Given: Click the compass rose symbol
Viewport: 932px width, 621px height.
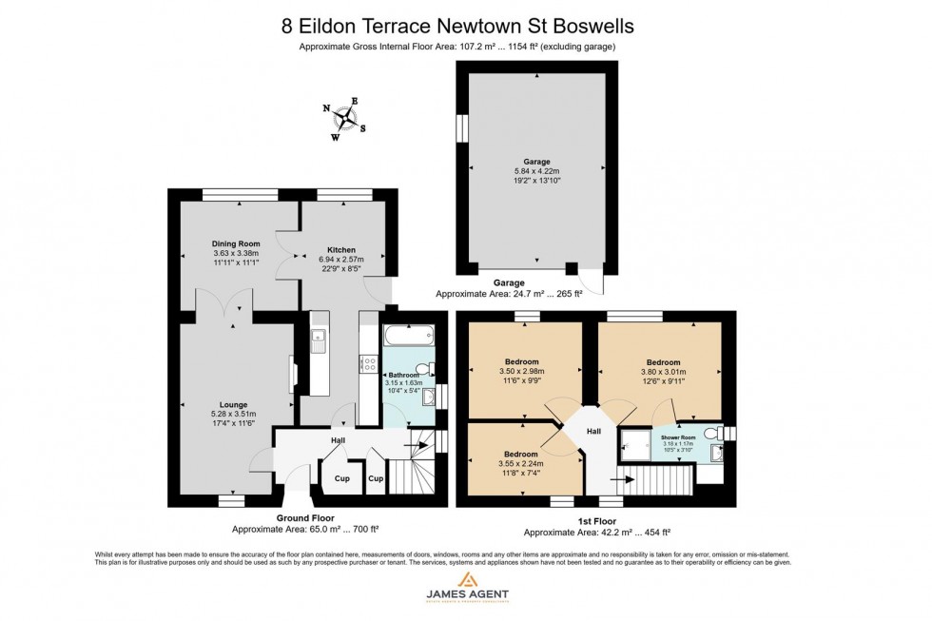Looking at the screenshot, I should (348, 120).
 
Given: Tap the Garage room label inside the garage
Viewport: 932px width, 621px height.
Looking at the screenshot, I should (536, 162).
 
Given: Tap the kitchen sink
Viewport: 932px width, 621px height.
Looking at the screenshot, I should (320, 339).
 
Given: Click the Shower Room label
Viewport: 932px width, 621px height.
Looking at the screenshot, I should (679, 437).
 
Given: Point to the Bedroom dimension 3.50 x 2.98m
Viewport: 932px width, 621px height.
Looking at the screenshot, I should (523, 371).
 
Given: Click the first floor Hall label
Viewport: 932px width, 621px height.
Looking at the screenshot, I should (593, 431).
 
